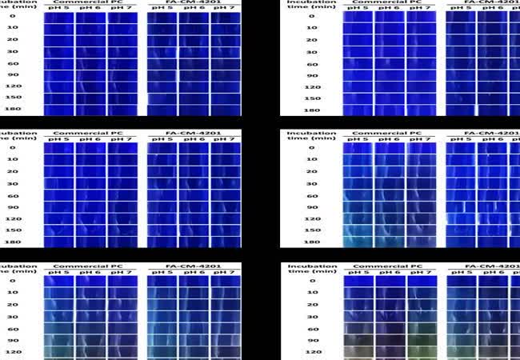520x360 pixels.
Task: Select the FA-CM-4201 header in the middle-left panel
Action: [192, 132]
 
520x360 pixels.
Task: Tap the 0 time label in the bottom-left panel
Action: [10, 281]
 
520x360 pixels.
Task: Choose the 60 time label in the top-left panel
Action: [10, 63]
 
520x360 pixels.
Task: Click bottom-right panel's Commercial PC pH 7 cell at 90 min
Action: [422, 339]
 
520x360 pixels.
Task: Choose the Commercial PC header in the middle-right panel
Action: [390, 132]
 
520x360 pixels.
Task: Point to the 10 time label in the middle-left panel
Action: [10, 159]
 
